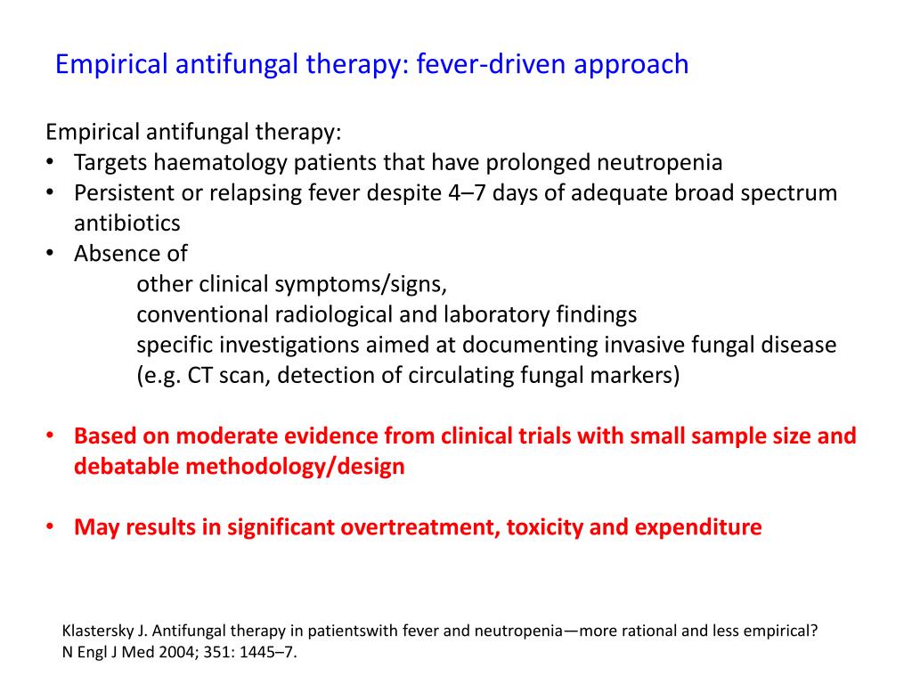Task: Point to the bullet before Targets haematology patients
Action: pyautogui.click(x=51, y=163)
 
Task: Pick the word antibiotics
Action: pyautogui.click(x=126, y=223)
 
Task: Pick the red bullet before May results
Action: pyautogui.click(x=51, y=527)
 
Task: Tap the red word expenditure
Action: pyautogui.click(x=697, y=527)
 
